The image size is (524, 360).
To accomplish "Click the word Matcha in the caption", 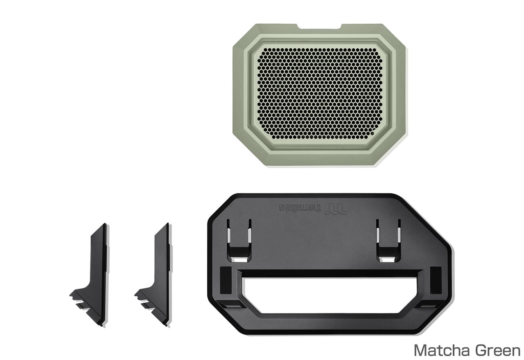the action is pos(441,351).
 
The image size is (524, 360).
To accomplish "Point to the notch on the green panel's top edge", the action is pos(320,27).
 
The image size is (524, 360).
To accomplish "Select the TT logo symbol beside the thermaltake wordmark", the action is pos(335,209).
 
